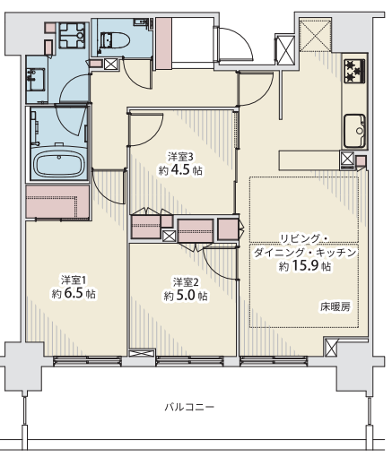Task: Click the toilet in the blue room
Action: pos(115,39)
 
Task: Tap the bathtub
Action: pos(59,164)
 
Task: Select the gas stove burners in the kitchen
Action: pos(354,71)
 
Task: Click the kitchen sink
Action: pos(354,131)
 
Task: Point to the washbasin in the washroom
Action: pos(36,80)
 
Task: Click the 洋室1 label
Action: pos(74,280)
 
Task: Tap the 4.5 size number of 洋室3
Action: pos(180,170)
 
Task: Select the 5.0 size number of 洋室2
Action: pos(185,296)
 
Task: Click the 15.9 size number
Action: pos(305,265)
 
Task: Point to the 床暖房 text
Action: pos(335,306)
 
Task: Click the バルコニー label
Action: pos(189,407)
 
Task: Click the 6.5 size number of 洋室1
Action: pos(73,294)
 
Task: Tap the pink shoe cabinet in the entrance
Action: pos(163,43)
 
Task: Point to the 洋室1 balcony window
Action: pos(88,361)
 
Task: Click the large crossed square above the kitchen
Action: pos(316,35)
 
